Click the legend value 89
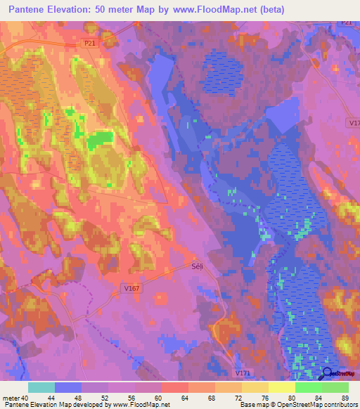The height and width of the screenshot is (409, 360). tap(344, 397)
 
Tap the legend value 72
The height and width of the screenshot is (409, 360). tap(230, 397)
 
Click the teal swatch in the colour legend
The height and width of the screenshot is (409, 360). tap(41, 387)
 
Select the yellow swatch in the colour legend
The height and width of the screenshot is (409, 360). tap(281, 387)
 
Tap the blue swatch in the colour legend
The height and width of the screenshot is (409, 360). tap(68, 387)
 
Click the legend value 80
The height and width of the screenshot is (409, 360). tap(297, 397)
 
